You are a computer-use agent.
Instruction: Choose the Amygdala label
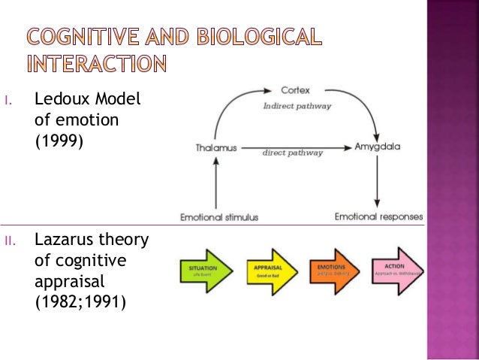pyautogui.click(x=377, y=148)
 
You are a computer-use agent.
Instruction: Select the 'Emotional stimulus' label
pyautogui.click(x=220, y=217)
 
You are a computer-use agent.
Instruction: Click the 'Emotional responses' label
pyautogui.click(x=378, y=217)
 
